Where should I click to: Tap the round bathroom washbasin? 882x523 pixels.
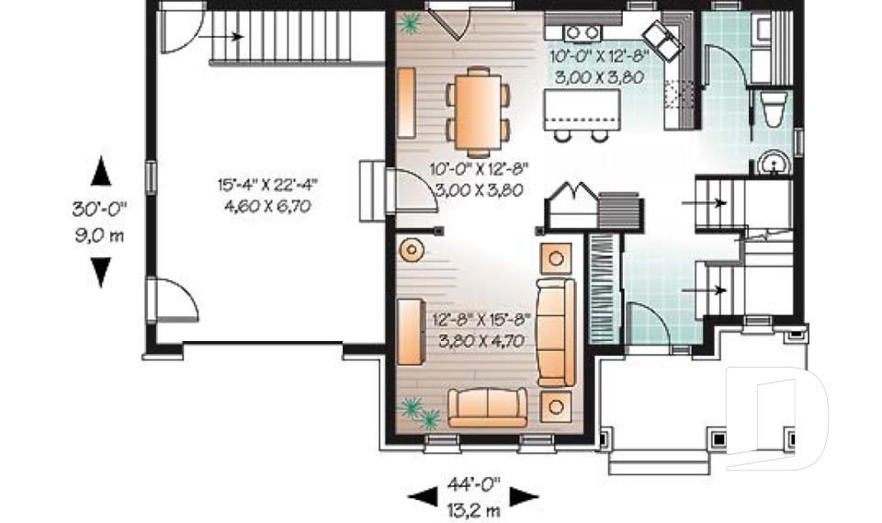click(x=772, y=165)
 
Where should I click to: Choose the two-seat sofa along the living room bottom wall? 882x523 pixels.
click(x=487, y=407)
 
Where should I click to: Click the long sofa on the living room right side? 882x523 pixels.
click(x=556, y=331)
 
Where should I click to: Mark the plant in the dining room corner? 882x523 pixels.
click(x=410, y=24)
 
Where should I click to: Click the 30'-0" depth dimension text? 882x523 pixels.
click(x=99, y=210)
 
